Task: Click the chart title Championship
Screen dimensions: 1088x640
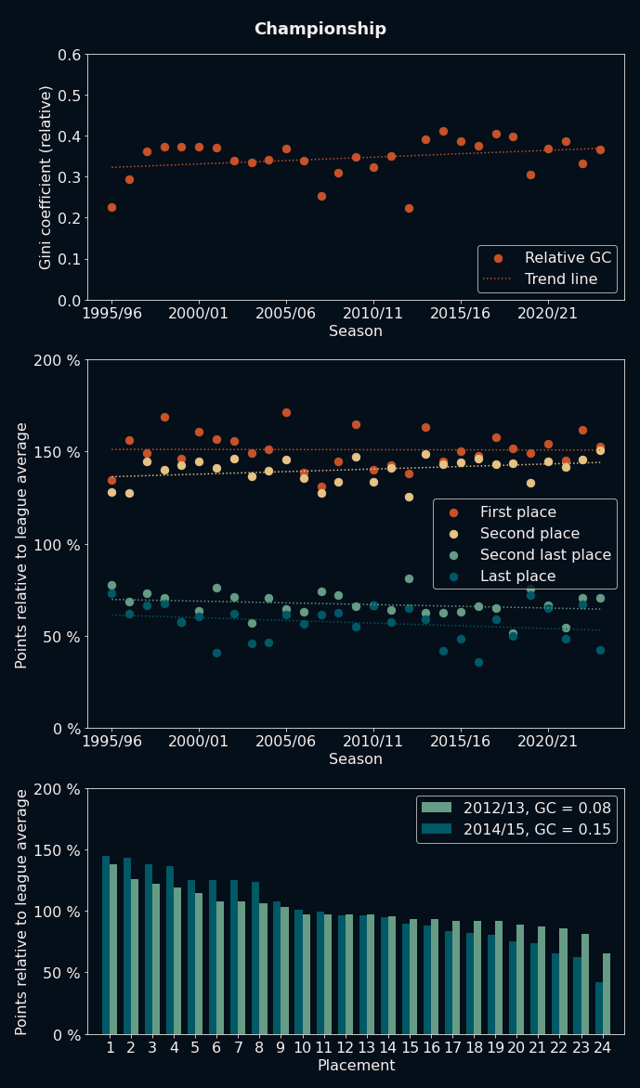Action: tap(320, 29)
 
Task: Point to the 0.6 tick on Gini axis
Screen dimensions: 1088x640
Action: tap(69, 55)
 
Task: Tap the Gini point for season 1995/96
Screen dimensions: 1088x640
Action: tap(111, 207)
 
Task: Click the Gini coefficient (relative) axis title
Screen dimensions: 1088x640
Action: tap(46, 176)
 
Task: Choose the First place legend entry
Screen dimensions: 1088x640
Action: tap(517, 512)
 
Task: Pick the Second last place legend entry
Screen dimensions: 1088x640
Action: tap(545, 555)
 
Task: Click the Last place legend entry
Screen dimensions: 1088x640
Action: tap(517, 576)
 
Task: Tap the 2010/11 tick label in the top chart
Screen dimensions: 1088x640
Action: tap(373, 314)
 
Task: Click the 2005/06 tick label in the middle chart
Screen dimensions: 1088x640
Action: tap(286, 743)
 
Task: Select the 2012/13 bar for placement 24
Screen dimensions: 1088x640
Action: tap(607, 993)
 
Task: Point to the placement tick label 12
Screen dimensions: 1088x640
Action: tap(346, 1048)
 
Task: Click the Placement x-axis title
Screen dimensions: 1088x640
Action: tap(356, 1066)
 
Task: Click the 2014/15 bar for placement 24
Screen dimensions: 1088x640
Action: tap(599, 1008)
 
